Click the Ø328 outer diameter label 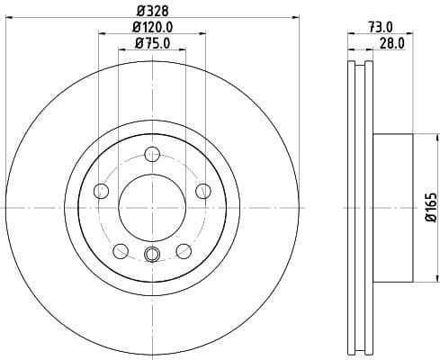click(x=151, y=12)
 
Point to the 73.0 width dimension click(x=381, y=28)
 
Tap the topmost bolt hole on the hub click(x=152, y=152)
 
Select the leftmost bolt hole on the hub click(x=101, y=190)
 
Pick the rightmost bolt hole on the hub click(x=203, y=190)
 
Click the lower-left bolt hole click(x=121, y=250)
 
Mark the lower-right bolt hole click(x=184, y=250)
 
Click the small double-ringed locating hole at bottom click(x=152, y=255)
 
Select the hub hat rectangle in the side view click(x=393, y=206)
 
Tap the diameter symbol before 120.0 click(x=134, y=28)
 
